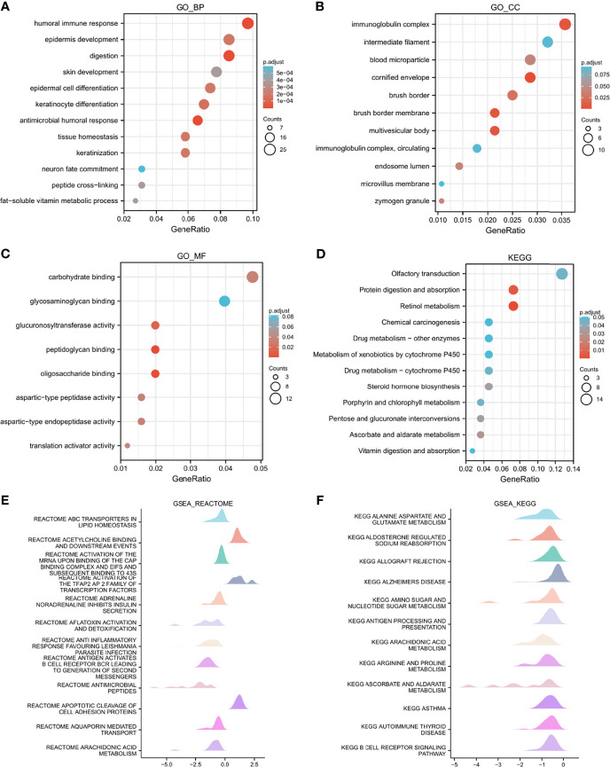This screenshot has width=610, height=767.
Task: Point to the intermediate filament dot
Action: pos(547,42)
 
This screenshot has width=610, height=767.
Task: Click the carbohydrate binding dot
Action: pos(253,278)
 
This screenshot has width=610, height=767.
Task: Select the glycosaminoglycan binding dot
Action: pos(224,302)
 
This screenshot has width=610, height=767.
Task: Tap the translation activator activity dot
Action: pos(128,445)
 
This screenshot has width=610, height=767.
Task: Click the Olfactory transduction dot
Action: pos(561,274)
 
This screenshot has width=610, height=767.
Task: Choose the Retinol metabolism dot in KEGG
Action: pos(512,306)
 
